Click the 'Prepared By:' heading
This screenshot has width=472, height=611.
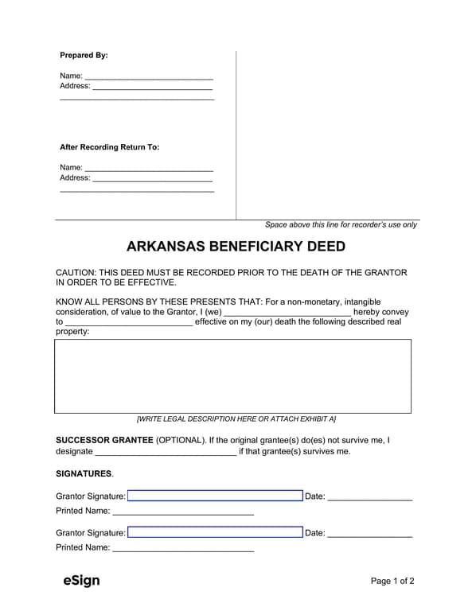[84, 56]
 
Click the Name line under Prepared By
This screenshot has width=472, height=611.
[148, 76]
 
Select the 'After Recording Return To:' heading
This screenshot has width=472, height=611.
[109, 147]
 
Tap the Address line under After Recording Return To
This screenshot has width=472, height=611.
[152, 178]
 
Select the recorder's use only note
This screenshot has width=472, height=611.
[341, 225]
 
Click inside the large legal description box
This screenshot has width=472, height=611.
[232, 376]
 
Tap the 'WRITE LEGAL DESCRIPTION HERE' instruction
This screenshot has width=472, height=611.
[236, 418]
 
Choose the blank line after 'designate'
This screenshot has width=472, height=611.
[166, 452]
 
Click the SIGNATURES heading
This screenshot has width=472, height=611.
[84, 474]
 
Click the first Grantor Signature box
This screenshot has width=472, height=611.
[215, 496]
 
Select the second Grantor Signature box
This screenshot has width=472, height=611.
[215, 533]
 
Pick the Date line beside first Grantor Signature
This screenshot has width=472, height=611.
[369, 497]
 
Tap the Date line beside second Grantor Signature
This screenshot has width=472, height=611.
[369, 534]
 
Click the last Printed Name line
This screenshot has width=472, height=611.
[183, 548]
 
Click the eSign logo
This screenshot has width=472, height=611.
[81, 581]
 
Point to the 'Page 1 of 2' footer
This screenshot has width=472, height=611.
[392, 582]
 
